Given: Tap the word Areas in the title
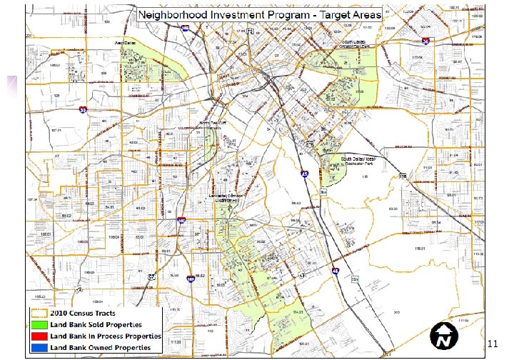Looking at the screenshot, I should click(x=363, y=14).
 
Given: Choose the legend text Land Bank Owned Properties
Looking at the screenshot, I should click(x=99, y=347).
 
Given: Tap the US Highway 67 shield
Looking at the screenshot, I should click(x=151, y=276).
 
